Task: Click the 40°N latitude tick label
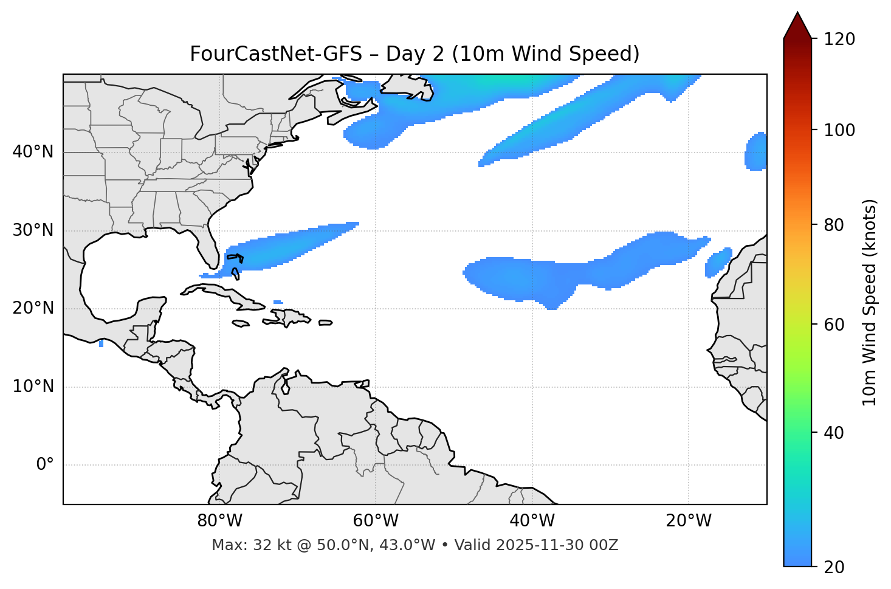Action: [x=33, y=152]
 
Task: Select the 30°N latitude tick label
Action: [x=33, y=230]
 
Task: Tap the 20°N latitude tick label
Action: [x=33, y=308]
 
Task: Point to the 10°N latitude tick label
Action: [x=33, y=387]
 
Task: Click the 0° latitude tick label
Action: [x=45, y=465]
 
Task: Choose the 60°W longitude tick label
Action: [x=375, y=521]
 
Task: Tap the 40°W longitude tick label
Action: [x=532, y=521]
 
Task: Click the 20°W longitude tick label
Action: [x=688, y=521]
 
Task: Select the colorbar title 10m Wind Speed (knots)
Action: [x=870, y=302]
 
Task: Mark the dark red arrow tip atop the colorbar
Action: [x=797, y=23]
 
